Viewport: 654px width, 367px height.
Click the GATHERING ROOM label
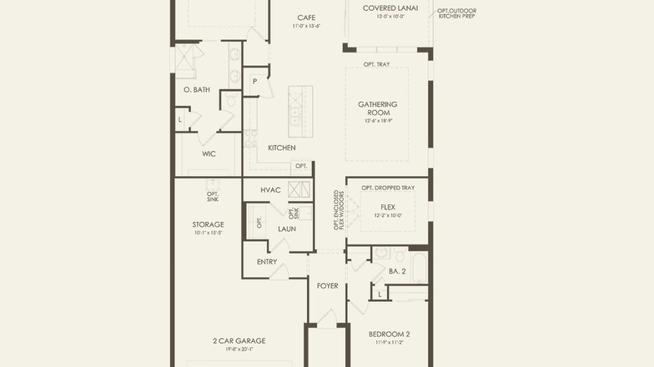point(378,108)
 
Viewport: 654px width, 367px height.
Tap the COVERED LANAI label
point(390,8)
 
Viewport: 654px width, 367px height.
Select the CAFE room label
point(306,18)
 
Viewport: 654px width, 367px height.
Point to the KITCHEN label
point(282,148)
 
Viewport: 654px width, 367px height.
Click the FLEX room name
point(388,207)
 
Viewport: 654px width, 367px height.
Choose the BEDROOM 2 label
point(389,334)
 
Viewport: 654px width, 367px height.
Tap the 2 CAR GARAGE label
point(239,340)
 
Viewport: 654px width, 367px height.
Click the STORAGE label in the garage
point(208,224)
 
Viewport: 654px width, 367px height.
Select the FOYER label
point(328,286)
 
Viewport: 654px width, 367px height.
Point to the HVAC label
point(270,190)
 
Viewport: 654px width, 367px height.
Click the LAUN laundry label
point(287,229)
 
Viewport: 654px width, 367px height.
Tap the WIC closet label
point(209,154)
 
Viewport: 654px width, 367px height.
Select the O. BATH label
point(197,90)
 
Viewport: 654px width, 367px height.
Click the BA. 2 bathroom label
point(397,271)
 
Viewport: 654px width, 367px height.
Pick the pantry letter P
point(255,81)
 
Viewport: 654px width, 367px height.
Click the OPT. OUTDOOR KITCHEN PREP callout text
point(457,14)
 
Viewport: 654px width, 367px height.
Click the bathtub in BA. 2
point(419,266)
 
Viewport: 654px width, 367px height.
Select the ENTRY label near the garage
point(267,262)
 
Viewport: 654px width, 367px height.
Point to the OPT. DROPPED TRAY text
point(388,188)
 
